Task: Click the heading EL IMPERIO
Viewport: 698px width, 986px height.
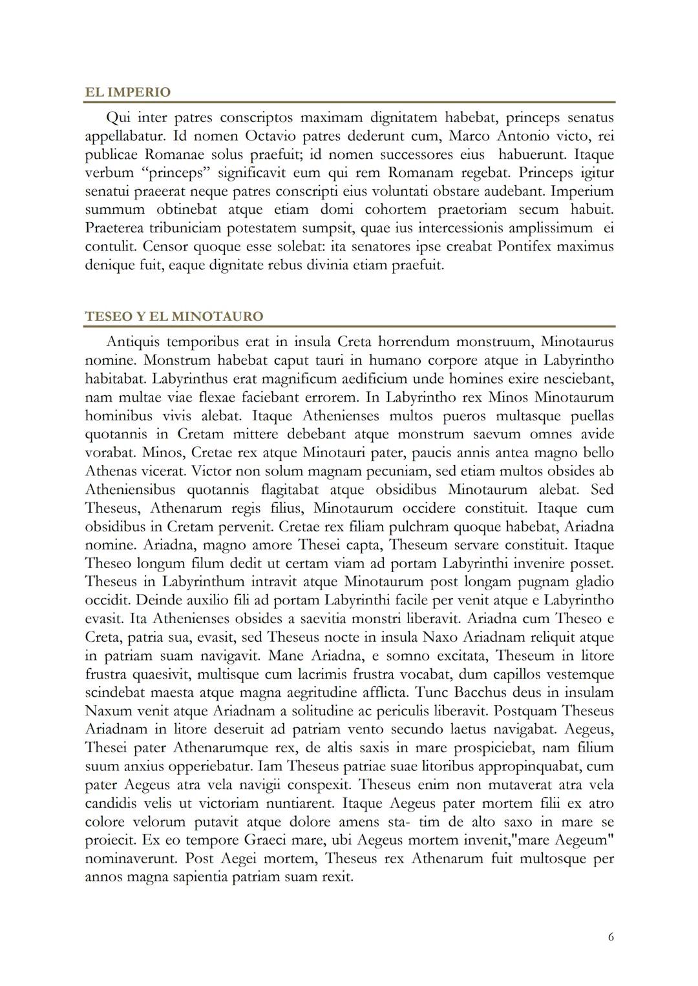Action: pos(128,92)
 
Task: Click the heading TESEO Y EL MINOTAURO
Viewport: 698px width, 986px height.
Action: pos(174,316)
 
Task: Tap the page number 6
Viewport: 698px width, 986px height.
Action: pos(611,937)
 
